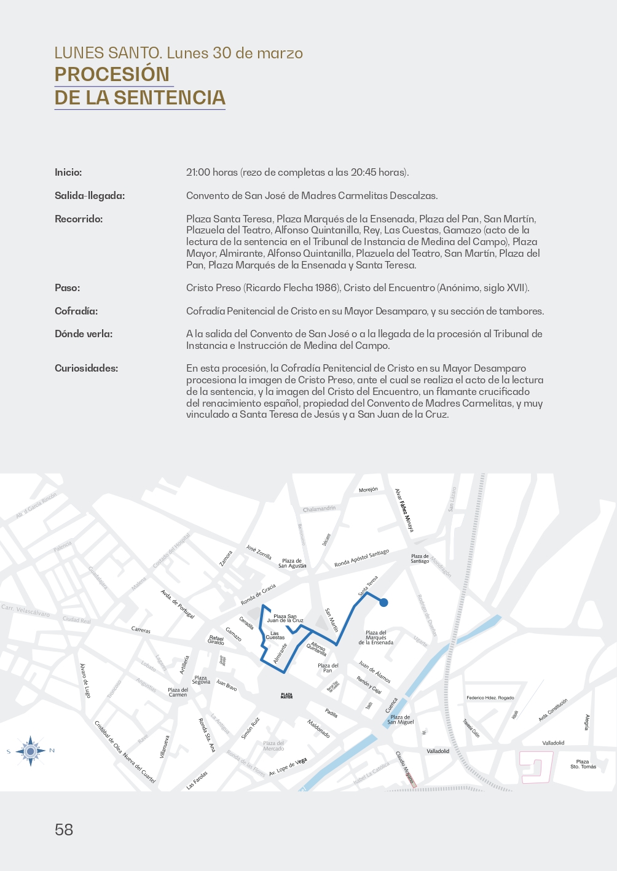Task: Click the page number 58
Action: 64,830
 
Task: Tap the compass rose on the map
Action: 30,751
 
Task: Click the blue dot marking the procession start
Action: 383,603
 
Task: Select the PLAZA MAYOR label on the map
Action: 286,696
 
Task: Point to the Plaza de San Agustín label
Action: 292,563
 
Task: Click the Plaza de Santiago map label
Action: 420,558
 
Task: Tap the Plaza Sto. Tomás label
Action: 583,764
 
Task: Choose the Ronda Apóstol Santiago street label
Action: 361,558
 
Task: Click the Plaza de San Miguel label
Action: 400,719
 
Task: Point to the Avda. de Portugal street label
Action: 178,604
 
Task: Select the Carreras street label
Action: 141,630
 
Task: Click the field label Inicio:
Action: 68,173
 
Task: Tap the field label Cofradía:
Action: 76,311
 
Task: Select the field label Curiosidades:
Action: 86,369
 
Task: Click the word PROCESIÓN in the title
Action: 112,74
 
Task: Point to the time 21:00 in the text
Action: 198,173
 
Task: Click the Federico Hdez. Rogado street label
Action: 490,698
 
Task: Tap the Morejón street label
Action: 368,490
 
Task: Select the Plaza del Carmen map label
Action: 178,692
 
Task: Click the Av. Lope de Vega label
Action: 288,767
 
